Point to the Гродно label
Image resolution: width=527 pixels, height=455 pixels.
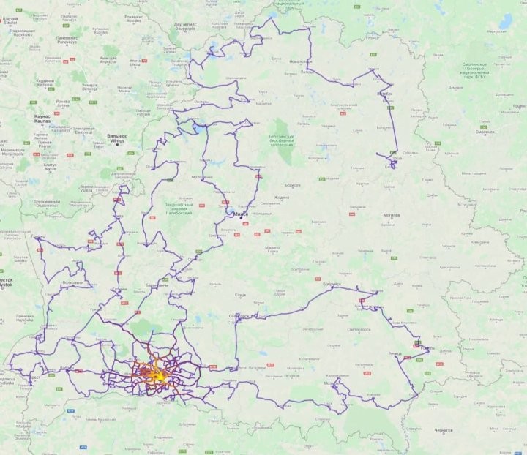click(x=37, y=237)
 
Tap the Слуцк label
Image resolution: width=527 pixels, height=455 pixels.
click(x=239, y=294)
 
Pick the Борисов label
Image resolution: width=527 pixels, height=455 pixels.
click(x=292, y=185)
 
